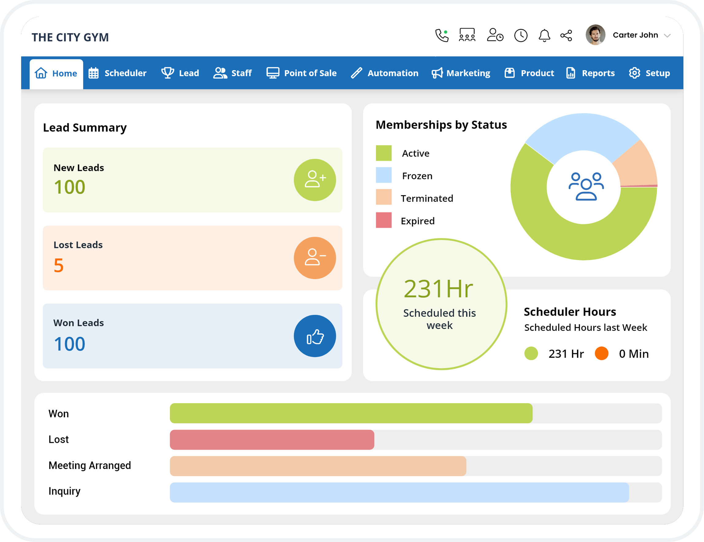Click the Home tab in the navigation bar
(x=56, y=74)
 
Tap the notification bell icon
(x=544, y=36)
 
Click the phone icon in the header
(x=442, y=36)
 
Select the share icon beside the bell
(x=566, y=36)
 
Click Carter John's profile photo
(x=595, y=35)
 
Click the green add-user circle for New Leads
(x=315, y=180)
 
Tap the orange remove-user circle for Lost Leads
(x=315, y=257)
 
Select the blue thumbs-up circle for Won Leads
(x=315, y=336)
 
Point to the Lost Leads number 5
(x=59, y=265)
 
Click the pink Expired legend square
(x=383, y=220)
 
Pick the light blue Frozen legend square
(x=383, y=175)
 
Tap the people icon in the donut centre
(x=586, y=186)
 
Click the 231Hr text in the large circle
(x=438, y=289)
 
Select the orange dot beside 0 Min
(x=601, y=353)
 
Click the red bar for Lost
(x=272, y=440)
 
